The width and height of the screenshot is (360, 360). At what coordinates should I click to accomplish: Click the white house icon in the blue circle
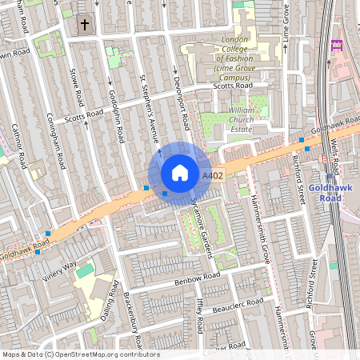coord(180,173)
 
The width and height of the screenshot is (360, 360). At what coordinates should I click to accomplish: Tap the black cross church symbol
coord(85,25)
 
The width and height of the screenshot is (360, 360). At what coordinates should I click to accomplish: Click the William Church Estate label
coord(241,119)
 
